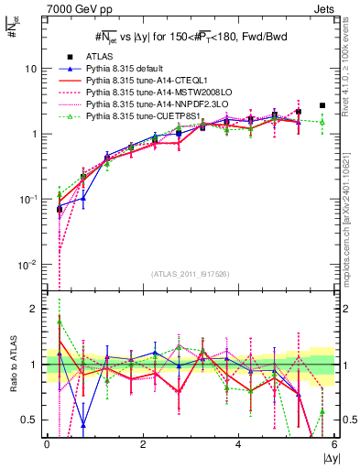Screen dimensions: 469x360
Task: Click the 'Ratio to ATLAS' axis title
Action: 11,365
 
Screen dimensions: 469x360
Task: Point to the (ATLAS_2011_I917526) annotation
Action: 190,274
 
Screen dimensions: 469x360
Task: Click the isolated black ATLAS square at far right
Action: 322,105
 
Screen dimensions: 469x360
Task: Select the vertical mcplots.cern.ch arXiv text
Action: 352,211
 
